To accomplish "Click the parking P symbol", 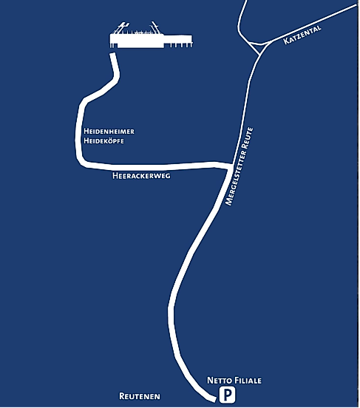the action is click(x=227, y=395).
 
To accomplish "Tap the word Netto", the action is click(x=220, y=381).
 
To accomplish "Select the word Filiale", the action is click(x=248, y=381).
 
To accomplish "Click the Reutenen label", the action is click(x=140, y=396).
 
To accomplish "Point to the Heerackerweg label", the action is click(x=142, y=176).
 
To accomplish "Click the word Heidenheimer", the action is click(x=109, y=132).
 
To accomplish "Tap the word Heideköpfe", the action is click(x=104, y=141).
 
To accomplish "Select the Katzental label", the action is click(x=302, y=35).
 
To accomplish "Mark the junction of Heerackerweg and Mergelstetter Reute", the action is click(x=231, y=166).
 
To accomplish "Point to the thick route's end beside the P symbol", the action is click(x=214, y=399).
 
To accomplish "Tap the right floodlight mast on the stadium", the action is click(x=155, y=28).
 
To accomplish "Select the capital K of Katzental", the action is click(x=285, y=41).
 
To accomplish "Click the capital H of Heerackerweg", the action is click(x=115, y=176).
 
